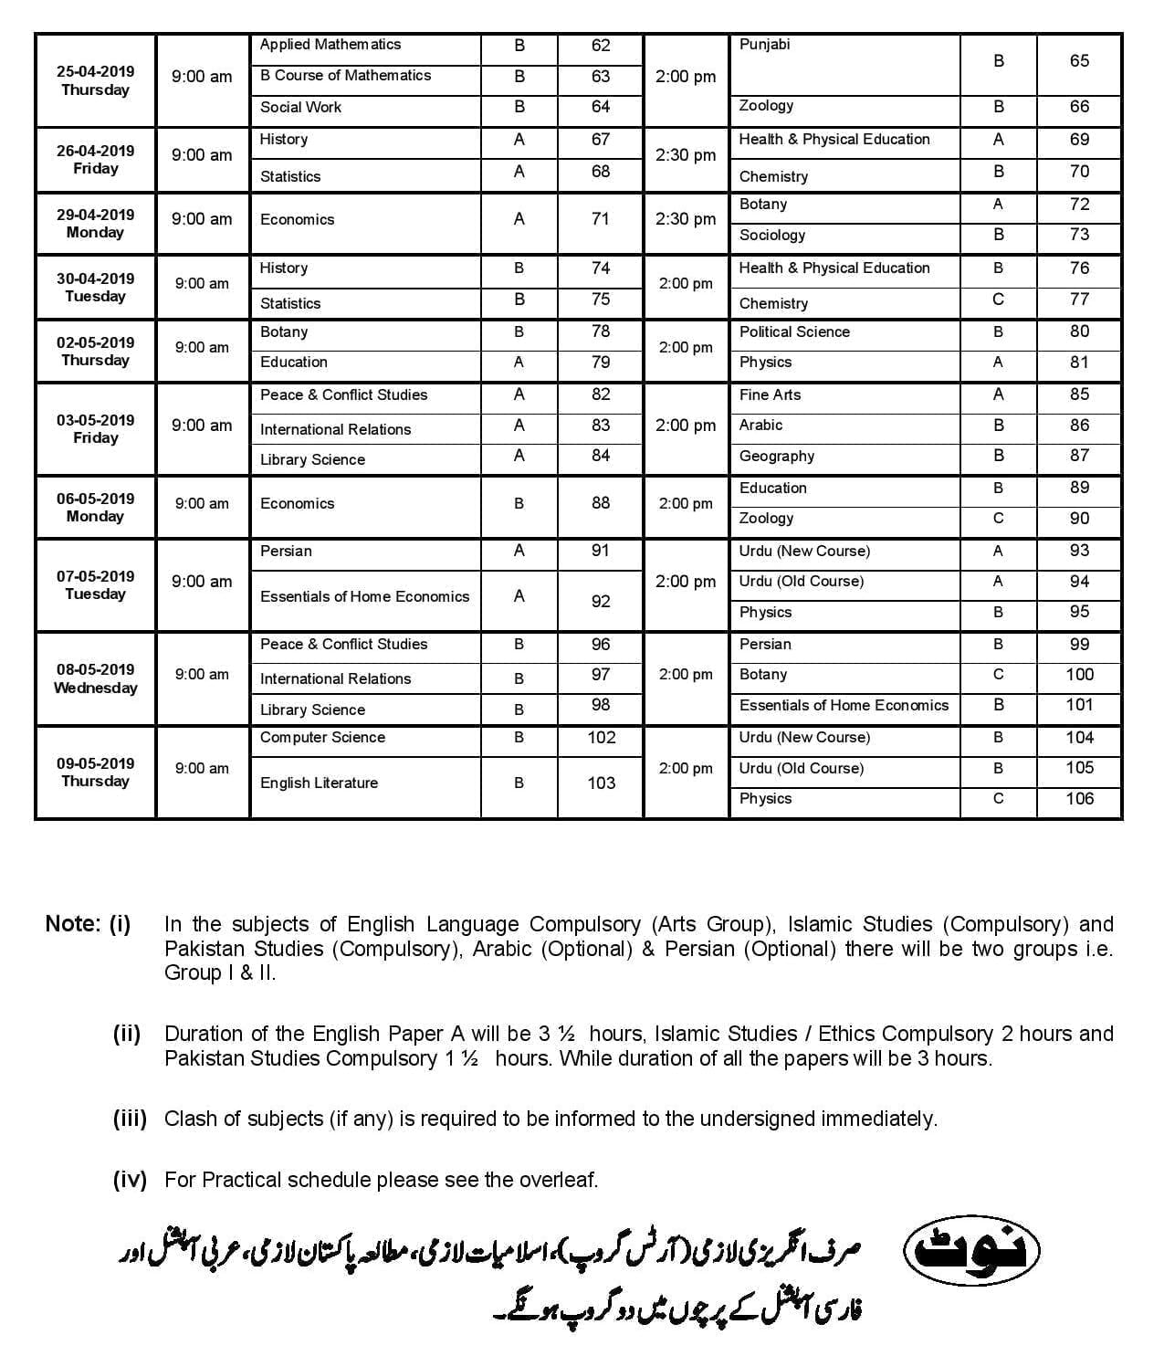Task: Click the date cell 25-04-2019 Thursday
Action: tap(95, 80)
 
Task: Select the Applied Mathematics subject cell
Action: tap(330, 45)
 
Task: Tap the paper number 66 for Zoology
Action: tap(1079, 107)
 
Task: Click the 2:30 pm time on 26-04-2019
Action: tap(686, 155)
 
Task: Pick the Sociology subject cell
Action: tap(772, 236)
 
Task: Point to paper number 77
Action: tap(1079, 300)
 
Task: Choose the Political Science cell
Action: tap(794, 332)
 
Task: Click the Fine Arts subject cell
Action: tap(770, 395)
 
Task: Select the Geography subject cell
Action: tap(777, 457)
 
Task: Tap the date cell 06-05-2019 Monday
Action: tap(95, 507)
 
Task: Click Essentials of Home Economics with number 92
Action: tap(364, 597)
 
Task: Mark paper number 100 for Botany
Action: tap(1079, 675)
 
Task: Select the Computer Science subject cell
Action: tap(322, 738)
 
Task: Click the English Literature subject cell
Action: tap(319, 783)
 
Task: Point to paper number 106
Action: tap(1079, 799)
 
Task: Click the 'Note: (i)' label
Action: tap(88, 924)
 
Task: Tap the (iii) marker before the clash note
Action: tap(130, 1119)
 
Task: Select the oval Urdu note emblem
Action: tap(971, 1250)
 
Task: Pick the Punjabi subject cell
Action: tap(764, 45)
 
